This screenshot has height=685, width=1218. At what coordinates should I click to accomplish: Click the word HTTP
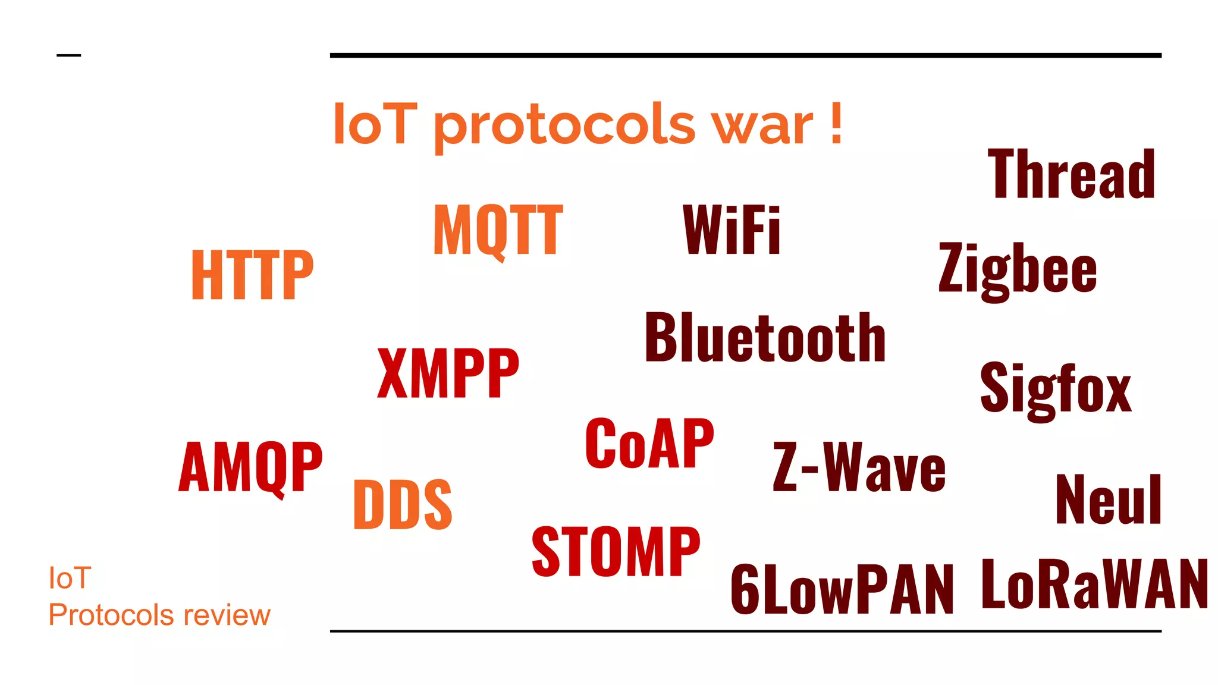point(252,275)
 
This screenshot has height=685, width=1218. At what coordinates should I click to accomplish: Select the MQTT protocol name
point(498,230)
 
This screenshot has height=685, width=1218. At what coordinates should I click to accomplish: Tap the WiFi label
point(732,230)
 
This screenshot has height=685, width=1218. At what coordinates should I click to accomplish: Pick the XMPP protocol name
point(448,373)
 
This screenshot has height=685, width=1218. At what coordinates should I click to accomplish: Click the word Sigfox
point(1056,389)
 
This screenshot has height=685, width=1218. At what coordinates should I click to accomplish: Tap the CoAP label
point(649,444)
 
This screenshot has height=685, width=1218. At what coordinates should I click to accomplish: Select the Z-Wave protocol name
point(859,468)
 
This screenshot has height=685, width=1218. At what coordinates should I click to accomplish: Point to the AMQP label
point(250,467)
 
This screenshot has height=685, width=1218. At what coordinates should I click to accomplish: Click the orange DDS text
point(403,505)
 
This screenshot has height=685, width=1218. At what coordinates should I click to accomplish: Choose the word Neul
point(1109,500)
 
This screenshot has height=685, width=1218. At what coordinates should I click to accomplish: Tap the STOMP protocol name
point(616,552)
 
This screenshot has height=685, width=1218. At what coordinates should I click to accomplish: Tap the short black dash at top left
point(68,56)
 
